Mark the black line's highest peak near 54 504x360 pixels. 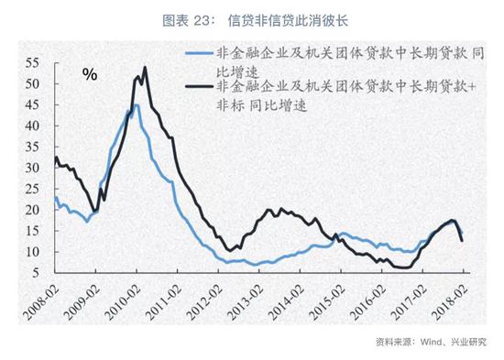pos(145,68)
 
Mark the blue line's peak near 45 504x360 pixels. pos(137,105)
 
